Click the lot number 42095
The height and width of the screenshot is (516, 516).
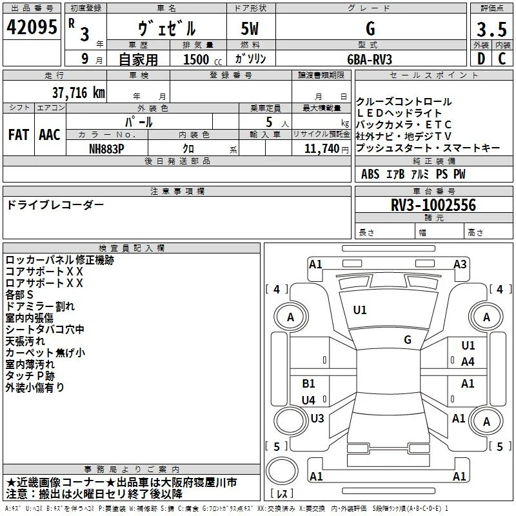[x=32, y=27]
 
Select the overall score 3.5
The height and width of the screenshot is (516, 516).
[x=491, y=29]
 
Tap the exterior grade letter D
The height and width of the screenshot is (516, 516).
[x=481, y=59]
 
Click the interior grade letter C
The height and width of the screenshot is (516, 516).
[x=502, y=59]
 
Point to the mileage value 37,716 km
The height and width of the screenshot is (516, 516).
[x=78, y=93]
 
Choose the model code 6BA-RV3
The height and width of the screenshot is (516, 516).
[x=370, y=59]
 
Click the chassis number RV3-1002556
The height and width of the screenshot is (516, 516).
[x=433, y=205]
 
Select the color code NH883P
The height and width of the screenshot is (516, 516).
[x=106, y=149]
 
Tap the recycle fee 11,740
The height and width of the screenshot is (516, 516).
[x=322, y=149]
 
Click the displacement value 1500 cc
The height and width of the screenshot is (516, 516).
[x=203, y=59]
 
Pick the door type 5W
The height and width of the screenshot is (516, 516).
[x=250, y=28]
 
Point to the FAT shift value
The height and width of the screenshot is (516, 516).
[x=19, y=135]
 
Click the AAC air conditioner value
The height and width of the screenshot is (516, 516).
[x=50, y=135]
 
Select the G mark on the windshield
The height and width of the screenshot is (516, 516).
[x=408, y=340]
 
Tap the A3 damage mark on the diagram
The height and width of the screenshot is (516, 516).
[x=460, y=264]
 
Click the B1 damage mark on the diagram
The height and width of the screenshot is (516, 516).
[x=308, y=383]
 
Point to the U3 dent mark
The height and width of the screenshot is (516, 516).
[x=317, y=418]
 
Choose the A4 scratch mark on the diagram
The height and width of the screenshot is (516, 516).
[x=468, y=362]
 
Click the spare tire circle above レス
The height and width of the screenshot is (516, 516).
[x=282, y=471]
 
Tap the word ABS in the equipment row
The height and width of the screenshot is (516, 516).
[x=370, y=174]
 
